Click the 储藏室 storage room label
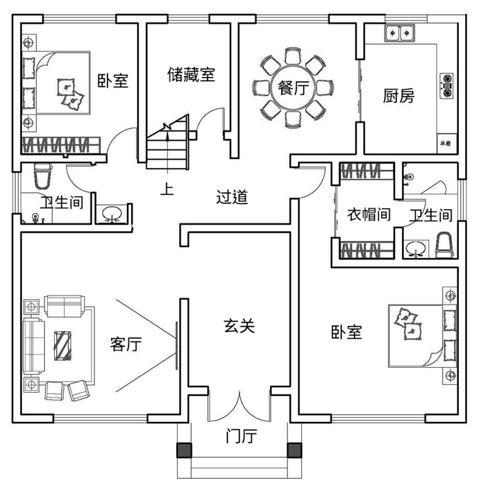(191, 75)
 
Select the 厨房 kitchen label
(399, 96)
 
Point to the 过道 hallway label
(232, 197)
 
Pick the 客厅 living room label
(126, 344)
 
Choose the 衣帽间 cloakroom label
(368, 214)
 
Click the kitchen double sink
(399, 32)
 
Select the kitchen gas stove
(447, 86)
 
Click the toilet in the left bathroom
(42, 175)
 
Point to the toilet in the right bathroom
(445, 243)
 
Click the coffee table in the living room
(63, 345)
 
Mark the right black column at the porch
(294, 450)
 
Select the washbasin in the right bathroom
(415, 248)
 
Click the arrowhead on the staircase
(166, 127)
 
